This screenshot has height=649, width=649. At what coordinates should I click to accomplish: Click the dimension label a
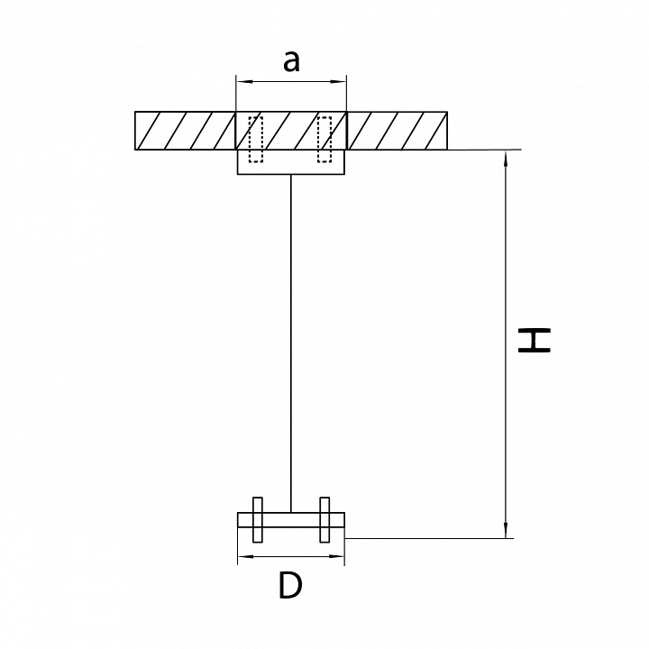pos(291,61)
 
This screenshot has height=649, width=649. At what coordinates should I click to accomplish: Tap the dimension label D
pos(290,585)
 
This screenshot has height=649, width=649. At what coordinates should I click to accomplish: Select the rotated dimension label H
pos(535,340)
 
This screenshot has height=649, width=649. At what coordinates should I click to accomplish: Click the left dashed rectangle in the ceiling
pos(255,140)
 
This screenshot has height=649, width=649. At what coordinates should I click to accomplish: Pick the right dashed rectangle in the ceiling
pos(324,140)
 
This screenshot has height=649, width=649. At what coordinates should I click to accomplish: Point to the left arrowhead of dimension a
pos(242,81)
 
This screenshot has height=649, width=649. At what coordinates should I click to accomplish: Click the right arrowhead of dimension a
pos(340,81)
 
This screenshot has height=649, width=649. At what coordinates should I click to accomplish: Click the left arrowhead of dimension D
pos(243,556)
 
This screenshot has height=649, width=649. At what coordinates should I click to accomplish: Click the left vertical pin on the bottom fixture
pos(258,519)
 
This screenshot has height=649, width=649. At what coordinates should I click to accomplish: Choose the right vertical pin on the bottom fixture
pos(324,519)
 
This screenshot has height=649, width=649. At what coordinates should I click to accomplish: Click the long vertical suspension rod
pos(291,343)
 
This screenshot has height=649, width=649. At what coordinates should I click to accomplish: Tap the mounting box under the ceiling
pos(291,162)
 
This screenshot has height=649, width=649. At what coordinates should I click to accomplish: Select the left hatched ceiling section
pos(185,131)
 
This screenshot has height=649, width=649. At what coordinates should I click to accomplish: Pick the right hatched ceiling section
pos(397,131)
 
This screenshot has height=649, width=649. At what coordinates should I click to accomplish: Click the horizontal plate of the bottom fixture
pos(291,520)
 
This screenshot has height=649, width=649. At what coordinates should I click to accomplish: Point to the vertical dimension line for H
pos(506,344)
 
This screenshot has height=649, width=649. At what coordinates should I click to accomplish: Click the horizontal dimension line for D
pos(291,556)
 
